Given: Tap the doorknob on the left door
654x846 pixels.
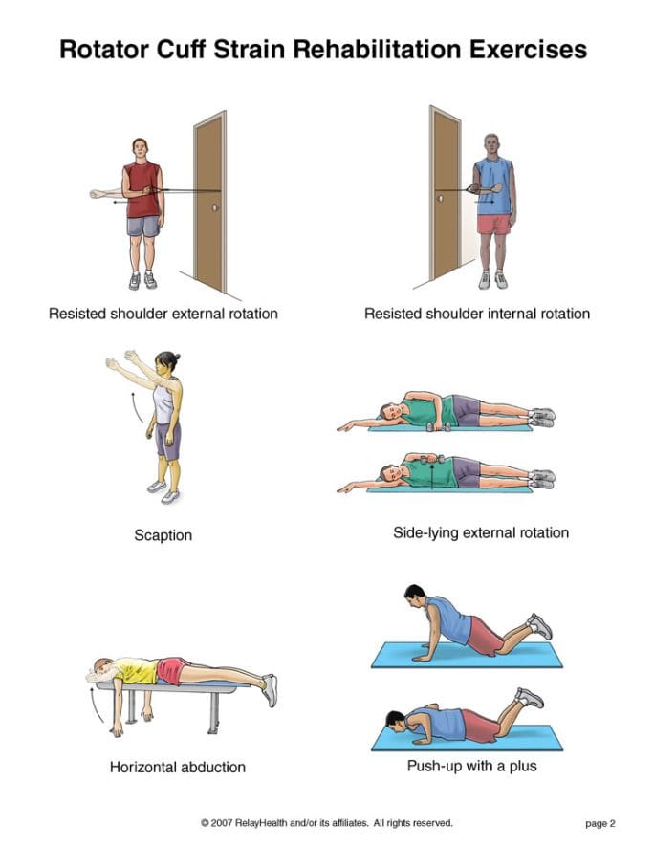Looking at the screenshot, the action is pyautogui.click(x=215, y=206).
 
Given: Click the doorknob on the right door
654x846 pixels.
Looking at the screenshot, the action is pyautogui.click(x=440, y=199).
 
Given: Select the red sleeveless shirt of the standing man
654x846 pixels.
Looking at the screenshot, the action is pyautogui.click(x=142, y=189).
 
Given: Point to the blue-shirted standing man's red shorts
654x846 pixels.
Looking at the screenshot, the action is pyautogui.click(x=494, y=224).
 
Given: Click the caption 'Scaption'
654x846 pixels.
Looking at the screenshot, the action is pyautogui.click(x=163, y=535).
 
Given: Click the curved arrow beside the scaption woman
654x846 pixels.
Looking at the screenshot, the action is pyautogui.click(x=137, y=407).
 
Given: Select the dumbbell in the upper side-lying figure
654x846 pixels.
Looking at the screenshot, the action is pyautogui.click(x=435, y=427).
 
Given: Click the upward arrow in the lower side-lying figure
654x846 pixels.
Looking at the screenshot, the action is pyautogui.click(x=432, y=476).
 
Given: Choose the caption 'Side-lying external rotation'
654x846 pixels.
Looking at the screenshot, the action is pyautogui.click(x=481, y=533).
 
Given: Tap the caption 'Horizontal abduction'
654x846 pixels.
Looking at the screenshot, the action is pyautogui.click(x=178, y=767).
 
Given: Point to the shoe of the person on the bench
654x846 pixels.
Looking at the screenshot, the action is pyautogui.click(x=270, y=689).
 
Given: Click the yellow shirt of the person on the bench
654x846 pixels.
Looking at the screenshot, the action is pyautogui.click(x=137, y=671).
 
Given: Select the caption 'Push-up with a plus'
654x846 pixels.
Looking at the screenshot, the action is pyautogui.click(x=472, y=766).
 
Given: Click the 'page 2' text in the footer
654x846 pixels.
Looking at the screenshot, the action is pyautogui.click(x=600, y=823).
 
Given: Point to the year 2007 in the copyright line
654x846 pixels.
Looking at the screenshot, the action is pyautogui.click(x=221, y=823).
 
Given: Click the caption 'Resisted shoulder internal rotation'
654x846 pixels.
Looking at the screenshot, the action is pyautogui.click(x=477, y=314).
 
